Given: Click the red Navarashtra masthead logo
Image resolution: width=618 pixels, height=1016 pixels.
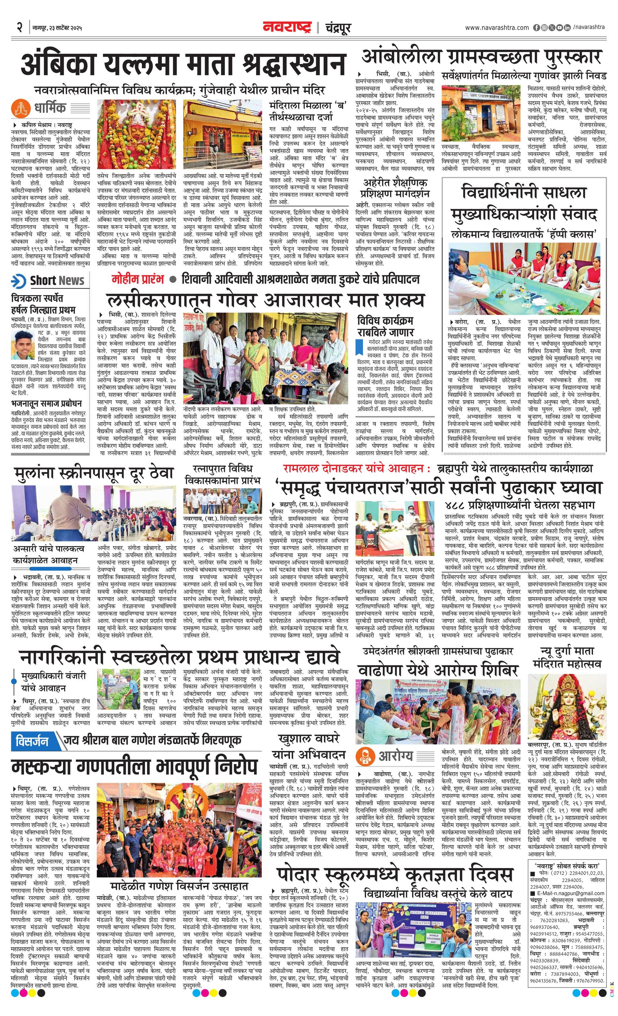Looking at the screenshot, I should pos(287,28).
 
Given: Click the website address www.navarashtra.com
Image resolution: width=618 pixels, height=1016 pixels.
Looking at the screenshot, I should pos(497,28).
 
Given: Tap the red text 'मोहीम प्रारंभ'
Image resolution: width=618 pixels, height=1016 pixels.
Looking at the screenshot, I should pos(138,279).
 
